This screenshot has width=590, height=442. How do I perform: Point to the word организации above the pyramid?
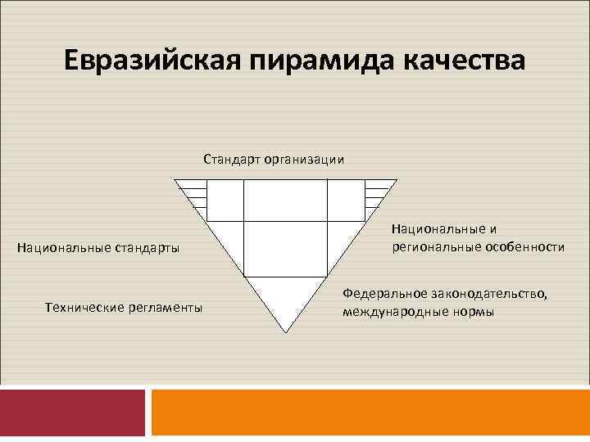pos(303,160)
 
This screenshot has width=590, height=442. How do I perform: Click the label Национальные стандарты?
pos(104,246)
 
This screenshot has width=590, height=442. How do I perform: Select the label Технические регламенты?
pos(124,307)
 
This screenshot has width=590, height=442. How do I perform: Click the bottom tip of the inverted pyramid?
pos(285,331)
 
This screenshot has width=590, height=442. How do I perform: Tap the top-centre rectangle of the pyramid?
pos(285,200)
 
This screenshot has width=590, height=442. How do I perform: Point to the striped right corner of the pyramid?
pos(377,193)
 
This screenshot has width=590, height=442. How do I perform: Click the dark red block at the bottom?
pos(72,413)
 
